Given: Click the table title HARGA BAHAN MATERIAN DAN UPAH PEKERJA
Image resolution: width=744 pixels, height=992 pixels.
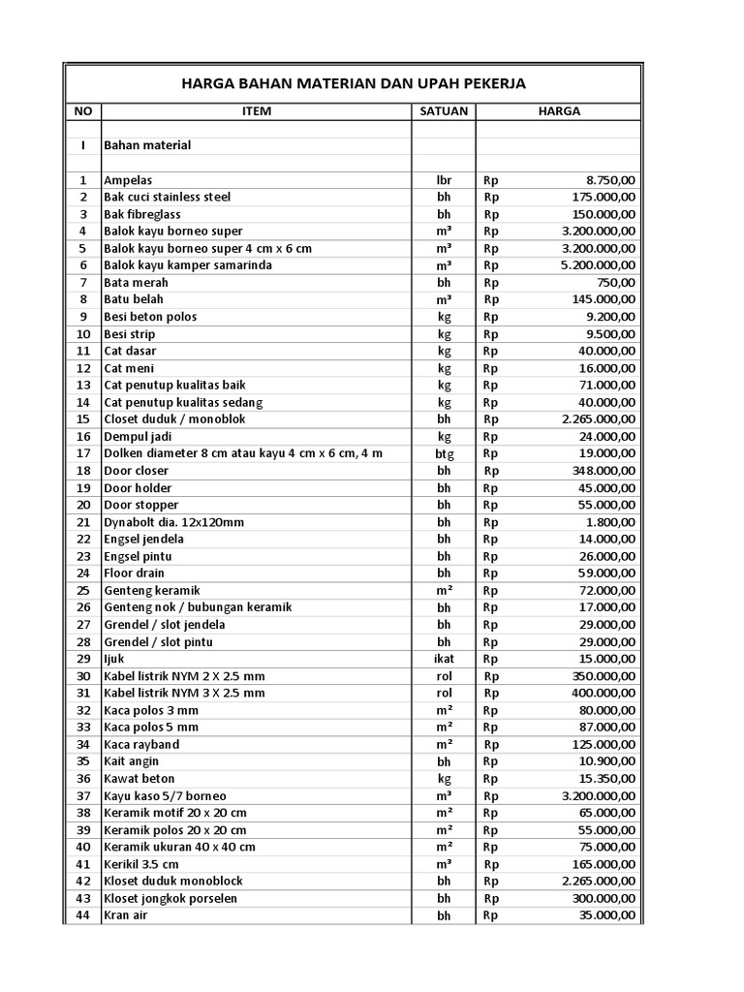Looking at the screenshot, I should pos(354,84).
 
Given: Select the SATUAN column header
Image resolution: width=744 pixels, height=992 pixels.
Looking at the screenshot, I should pos(444,111).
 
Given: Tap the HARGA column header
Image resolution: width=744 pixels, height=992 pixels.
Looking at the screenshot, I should pos(559,111).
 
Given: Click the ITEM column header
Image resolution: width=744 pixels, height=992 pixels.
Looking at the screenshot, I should pos(256,111).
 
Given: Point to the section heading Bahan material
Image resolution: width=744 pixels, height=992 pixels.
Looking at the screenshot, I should pos(147,145).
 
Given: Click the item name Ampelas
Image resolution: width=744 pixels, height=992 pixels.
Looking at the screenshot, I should pos(128,180).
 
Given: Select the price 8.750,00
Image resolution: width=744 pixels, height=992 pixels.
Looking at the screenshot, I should pos(610,180).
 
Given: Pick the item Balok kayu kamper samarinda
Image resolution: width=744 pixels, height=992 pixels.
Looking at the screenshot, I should pos(188,265).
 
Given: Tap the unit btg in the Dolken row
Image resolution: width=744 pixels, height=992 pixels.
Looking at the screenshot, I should pos(444,453).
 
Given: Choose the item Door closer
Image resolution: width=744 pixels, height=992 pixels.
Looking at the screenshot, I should pos(136,471).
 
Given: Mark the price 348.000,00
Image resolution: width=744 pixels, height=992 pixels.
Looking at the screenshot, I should pos(602,471).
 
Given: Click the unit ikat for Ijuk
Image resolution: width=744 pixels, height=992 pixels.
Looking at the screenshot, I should pos(444,659).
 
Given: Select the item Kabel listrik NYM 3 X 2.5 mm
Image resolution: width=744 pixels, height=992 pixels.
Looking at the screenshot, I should pos(184,694).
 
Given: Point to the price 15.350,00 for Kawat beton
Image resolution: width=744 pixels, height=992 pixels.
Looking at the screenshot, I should pos(605,779).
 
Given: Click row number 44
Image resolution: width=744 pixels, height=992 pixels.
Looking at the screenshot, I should pos(82,915).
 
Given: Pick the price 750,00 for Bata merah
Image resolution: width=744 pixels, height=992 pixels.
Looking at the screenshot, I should pos(616,283).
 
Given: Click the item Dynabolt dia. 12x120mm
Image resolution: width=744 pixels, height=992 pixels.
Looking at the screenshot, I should pos(174,522).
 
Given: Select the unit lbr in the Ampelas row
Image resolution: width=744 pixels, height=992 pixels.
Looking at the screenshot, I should pos(444,180).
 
